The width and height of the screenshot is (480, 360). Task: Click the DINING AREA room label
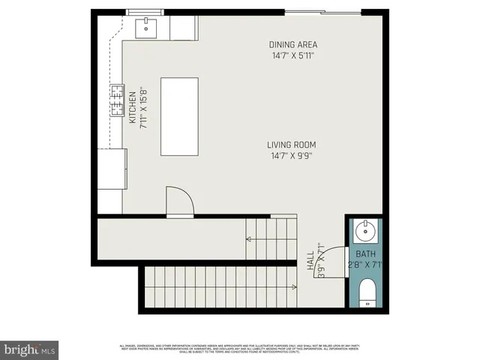294,44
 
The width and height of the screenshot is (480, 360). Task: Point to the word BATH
365,254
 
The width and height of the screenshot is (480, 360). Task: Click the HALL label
311,258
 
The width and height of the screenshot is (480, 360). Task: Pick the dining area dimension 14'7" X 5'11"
294,55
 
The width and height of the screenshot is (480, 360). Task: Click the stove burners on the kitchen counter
118,101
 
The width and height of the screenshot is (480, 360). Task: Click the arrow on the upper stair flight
250,240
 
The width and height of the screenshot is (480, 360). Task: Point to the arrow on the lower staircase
292,286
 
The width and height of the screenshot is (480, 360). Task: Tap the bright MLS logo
30,349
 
